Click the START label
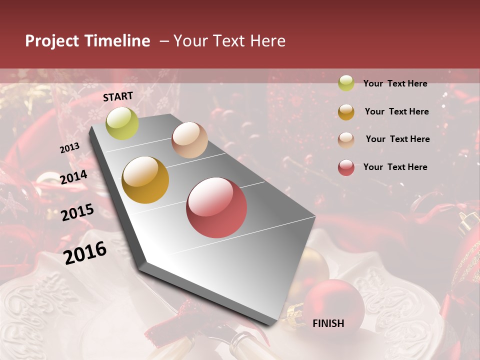[x=118, y=96]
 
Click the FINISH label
[x=328, y=323]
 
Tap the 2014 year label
[x=74, y=177]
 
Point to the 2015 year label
[x=77, y=212]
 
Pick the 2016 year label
[x=85, y=253]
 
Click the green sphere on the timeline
[x=122, y=123]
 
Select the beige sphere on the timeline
[x=189, y=140]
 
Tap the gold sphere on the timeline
[x=145, y=180]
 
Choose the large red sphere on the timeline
[x=216, y=207]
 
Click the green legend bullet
[x=346, y=83]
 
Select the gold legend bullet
[x=346, y=112]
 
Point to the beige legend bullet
[x=346, y=140]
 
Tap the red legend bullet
[x=346, y=168]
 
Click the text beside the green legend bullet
[x=395, y=83]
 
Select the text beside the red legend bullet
[x=395, y=167]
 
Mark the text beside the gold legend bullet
[x=396, y=111]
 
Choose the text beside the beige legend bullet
[x=397, y=139]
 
